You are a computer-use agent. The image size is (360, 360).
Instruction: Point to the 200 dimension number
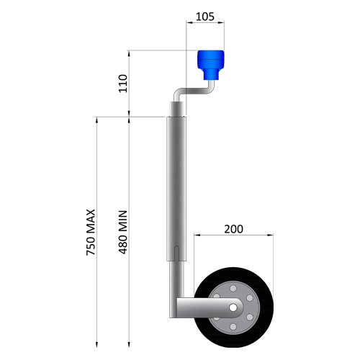click(x=233, y=229)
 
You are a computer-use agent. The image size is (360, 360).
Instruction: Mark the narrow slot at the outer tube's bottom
click(x=177, y=253)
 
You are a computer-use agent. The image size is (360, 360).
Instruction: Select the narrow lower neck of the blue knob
click(x=212, y=73)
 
